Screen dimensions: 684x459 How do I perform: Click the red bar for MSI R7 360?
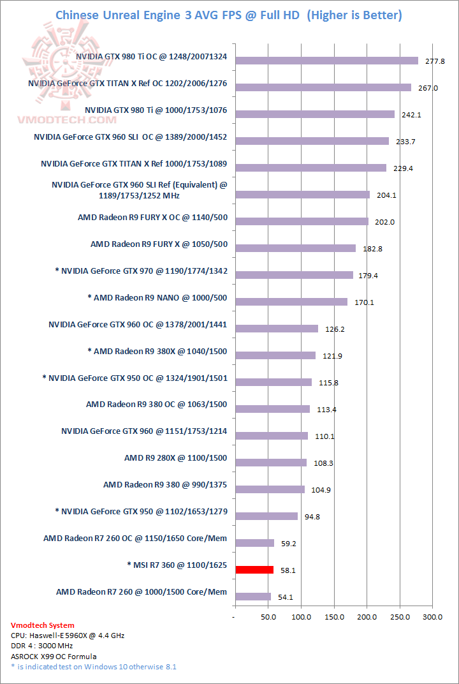tap(254, 570)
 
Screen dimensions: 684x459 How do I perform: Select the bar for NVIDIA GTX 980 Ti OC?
tap(326, 61)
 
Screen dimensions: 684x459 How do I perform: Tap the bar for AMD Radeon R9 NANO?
tap(291, 302)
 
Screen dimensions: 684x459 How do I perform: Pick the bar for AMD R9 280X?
tap(271, 463)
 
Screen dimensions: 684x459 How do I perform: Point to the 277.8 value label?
tap(435, 61)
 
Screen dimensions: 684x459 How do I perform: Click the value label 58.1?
tap(288, 570)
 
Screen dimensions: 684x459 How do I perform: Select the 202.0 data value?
tap(385, 222)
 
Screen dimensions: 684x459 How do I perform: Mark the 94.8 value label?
tap(312, 517)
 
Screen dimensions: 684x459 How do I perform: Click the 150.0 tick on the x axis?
tap(334, 617)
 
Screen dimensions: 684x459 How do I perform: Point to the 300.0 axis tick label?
tap(433, 617)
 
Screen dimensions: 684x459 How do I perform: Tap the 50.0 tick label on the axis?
tap(268, 617)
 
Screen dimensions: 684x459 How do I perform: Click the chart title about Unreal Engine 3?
tap(229, 15)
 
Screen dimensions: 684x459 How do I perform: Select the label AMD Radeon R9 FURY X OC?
tap(152, 218)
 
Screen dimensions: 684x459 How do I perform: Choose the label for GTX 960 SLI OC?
tap(131, 137)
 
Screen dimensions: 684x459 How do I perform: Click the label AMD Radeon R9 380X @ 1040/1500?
tap(157, 352)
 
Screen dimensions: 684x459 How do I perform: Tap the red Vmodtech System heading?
tap(43, 625)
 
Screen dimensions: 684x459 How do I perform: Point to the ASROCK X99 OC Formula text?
tap(54, 656)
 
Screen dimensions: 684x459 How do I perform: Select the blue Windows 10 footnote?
tap(94, 667)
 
